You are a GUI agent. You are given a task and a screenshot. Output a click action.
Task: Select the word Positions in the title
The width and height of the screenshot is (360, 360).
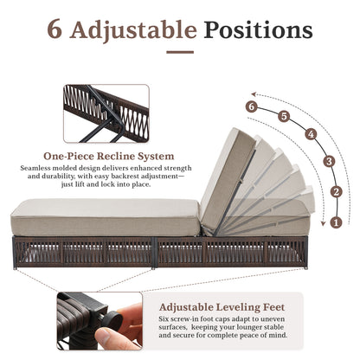[259, 32]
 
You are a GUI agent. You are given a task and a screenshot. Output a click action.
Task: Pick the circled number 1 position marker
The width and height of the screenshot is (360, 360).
[336, 222]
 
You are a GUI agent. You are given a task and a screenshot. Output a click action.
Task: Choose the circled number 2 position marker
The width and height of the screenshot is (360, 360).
[337, 191]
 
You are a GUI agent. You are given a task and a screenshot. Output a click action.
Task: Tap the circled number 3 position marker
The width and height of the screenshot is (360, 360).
[328, 161]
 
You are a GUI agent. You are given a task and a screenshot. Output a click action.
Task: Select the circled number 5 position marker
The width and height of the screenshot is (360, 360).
[285, 115]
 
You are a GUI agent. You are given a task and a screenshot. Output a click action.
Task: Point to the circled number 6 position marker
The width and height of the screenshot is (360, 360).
[252, 106]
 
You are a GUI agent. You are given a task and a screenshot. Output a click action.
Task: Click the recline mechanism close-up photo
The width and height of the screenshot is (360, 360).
[106, 113]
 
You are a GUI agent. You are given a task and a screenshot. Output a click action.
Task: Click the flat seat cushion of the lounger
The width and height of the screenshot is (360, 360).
[104, 209]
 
